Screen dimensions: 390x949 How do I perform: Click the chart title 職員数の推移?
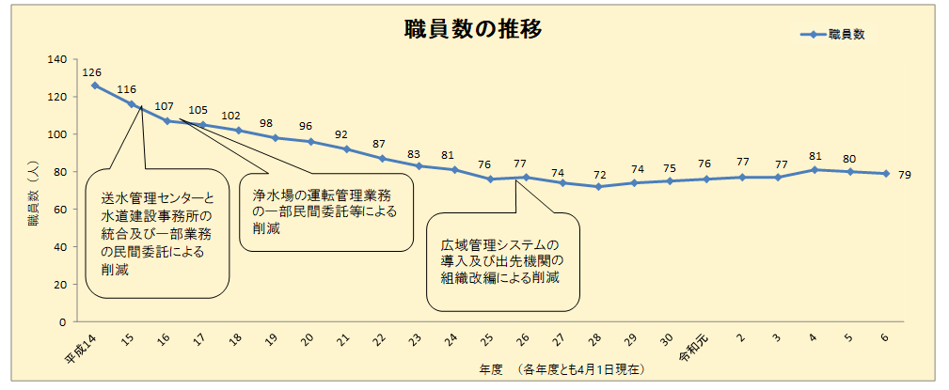472,29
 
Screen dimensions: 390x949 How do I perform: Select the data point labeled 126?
95,86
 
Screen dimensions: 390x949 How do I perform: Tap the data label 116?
127,89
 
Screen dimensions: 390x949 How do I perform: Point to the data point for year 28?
597,186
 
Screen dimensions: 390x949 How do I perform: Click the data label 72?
598,174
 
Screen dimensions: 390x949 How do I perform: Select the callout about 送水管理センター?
158,234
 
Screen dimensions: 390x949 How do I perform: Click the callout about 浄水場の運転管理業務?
325,212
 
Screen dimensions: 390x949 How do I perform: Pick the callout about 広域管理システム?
502,262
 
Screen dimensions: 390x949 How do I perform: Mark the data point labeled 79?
884,173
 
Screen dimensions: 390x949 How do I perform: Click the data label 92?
341,134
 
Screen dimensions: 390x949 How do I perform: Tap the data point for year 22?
382,158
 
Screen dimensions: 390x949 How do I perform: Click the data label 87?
378,144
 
